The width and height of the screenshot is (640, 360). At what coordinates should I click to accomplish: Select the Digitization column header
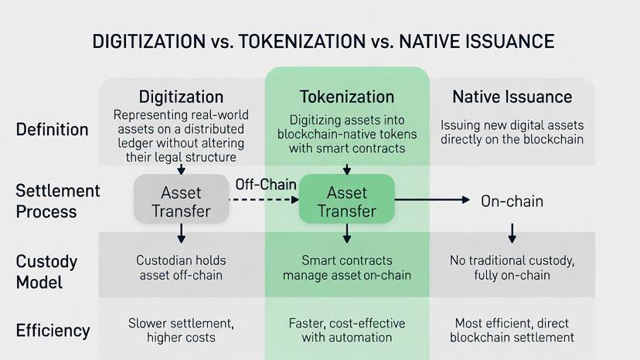point(181,97)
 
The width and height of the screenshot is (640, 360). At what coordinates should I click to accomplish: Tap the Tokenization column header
point(346,97)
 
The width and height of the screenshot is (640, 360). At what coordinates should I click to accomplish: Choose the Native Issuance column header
point(512,97)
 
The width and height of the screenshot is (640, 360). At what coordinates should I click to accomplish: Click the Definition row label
point(53,129)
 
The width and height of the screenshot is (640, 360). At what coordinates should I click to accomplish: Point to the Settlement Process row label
point(58,201)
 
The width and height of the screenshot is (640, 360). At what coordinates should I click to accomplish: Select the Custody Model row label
point(47,272)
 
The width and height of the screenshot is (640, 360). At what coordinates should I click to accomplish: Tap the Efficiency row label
point(53,331)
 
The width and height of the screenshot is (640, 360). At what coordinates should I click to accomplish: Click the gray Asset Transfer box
point(181,201)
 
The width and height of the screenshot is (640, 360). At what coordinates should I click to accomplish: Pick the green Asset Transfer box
point(346,201)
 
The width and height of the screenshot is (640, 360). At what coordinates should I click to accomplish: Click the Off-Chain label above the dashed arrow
point(265,185)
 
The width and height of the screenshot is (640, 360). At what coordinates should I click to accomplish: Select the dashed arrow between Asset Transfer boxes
point(265,200)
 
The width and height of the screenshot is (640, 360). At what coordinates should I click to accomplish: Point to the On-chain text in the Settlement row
point(512,202)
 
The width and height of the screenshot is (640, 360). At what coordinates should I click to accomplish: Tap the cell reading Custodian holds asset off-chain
point(181,267)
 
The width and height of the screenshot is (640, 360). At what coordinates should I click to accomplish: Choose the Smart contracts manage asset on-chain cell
point(346,267)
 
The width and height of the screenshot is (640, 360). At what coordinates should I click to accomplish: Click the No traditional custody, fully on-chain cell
point(512,267)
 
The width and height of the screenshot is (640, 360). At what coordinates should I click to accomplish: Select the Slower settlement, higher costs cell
point(181,330)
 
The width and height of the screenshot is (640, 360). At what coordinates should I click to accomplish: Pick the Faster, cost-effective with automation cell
point(346,330)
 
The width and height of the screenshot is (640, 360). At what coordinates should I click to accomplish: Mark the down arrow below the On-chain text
point(512,233)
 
